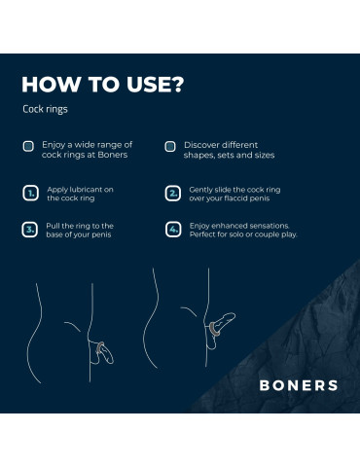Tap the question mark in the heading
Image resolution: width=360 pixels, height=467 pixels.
tap(177, 85)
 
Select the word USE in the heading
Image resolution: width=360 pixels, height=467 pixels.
tap(148, 85)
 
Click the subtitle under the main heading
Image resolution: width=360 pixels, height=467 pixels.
tap(45, 109)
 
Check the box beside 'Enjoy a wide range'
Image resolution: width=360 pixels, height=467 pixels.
tap(28, 146)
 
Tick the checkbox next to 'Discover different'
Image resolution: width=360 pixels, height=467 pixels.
tap(170, 146)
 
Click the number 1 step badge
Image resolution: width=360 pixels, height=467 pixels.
tap(30, 194)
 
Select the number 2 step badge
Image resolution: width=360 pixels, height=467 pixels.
tap(173, 194)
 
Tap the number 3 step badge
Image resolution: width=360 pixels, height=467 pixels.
tap(30, 230)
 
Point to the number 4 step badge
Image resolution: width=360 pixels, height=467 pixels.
tap(173, 230)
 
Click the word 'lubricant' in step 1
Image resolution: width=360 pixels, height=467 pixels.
tap(85, 190)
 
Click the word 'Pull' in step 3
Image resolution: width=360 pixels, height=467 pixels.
tap(53, 226)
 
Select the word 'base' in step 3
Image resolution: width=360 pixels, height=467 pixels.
tap(54, 234)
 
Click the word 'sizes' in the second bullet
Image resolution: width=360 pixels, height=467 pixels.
tap(265, 155)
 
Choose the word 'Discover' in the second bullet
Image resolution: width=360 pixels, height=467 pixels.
tap(199, 145)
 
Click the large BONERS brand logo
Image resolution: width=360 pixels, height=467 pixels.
tap(299, 385)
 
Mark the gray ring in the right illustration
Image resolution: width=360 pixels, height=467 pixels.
tap(214, 330)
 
